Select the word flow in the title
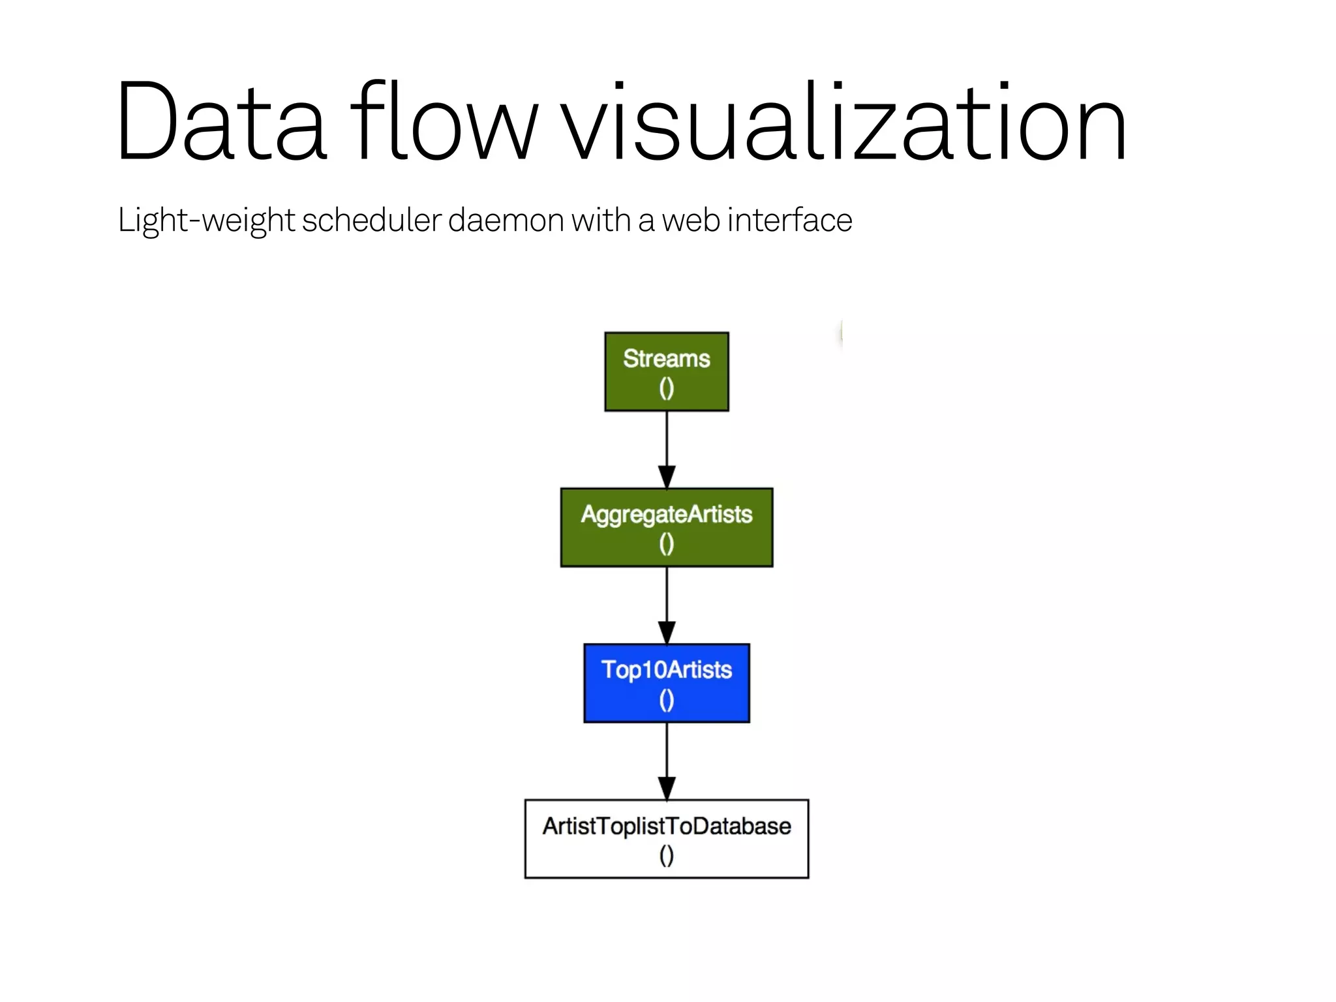444,121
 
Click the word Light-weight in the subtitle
206,220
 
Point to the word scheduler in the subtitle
372,220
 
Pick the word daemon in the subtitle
506,220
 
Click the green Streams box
666,371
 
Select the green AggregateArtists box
666,527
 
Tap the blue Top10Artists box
666,682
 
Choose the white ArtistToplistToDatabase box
666,838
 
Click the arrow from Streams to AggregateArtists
666,444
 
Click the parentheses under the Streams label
666,389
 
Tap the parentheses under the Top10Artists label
666,701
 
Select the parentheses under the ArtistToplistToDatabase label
666,856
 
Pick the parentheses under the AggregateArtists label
666,544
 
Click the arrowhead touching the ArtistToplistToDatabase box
666,788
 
